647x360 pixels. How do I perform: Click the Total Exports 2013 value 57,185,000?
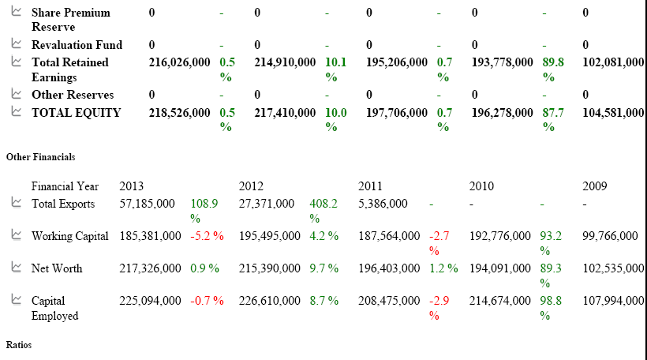(x=147, y=204)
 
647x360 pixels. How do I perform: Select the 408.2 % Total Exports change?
(x=323, y=210)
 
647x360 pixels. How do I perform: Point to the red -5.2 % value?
(x=207, y=236)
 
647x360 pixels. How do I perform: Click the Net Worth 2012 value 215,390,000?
(x=269, y=268)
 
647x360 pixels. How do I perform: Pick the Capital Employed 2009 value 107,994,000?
(x=612, y=301)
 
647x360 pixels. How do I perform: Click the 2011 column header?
(x=370, y=186)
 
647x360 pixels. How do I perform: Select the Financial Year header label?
(x=65, y=186)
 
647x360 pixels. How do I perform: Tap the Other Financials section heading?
(x=40, y=157)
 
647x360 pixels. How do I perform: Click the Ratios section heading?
(x=18, y=345)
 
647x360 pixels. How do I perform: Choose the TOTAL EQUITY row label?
(x=77, y=113)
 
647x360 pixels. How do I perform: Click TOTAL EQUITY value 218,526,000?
(x=180, y=113)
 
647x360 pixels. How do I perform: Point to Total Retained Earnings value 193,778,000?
(x=502, y=62)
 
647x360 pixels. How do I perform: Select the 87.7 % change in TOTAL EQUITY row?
(x=552, y=119)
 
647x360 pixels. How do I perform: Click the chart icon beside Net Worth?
(x=16, y=268)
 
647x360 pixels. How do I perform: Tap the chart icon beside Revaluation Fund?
(x=16, y=44)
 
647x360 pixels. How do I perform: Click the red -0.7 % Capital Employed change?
(x=207, y=301)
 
